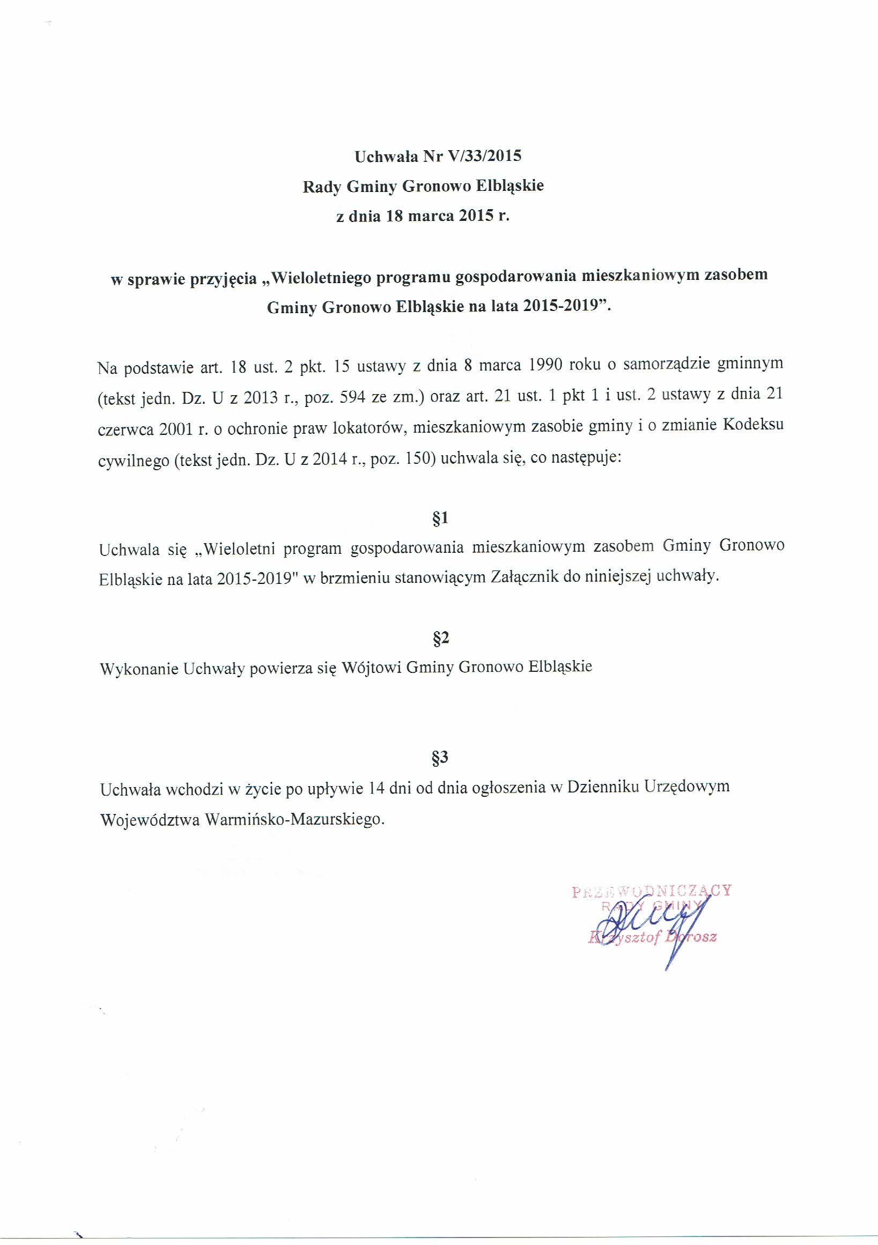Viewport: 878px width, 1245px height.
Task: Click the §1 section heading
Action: pos(440,518)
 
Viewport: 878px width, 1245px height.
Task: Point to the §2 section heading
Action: pos(440,638)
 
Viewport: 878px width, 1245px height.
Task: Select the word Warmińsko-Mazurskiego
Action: pos(294,819)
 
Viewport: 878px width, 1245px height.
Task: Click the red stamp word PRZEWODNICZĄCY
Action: pos(651,891)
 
